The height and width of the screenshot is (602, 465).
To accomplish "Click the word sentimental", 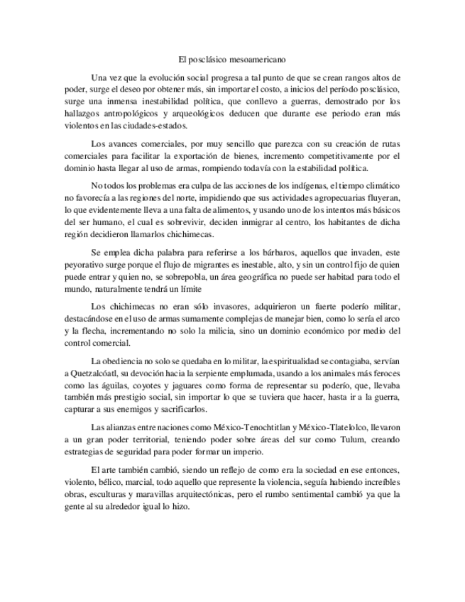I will pyautogui.click(x=316, y=495).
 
